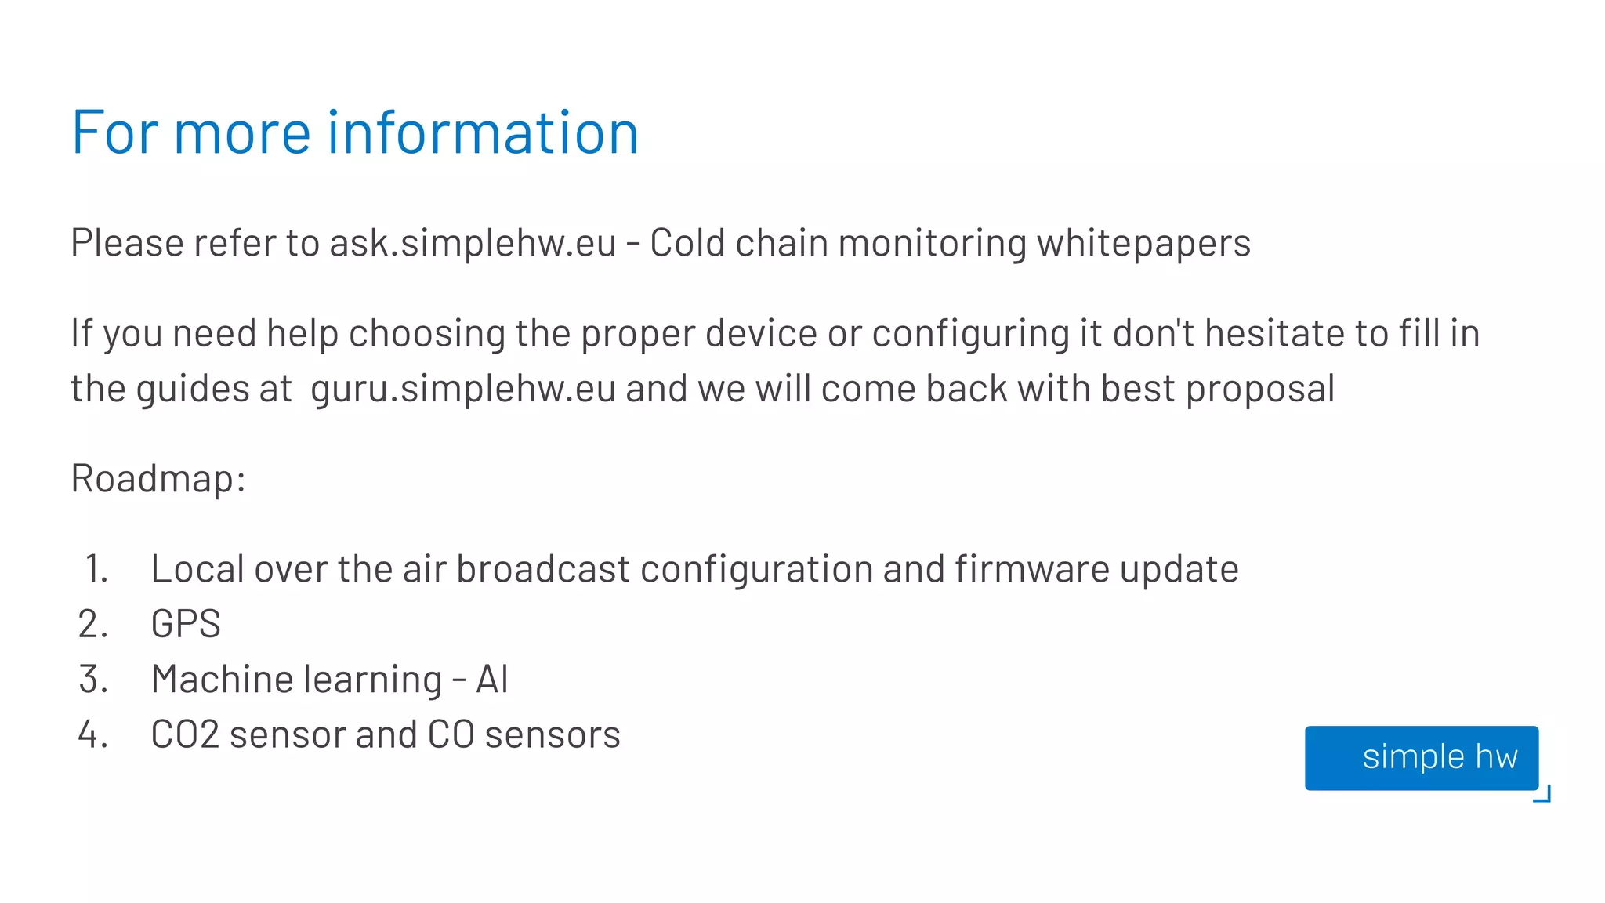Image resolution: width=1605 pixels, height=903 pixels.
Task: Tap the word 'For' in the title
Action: pos(115,132)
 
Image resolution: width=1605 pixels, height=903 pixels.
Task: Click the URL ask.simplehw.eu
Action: pos(473,243)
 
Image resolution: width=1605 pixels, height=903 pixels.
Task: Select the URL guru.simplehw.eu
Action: pos(463,389)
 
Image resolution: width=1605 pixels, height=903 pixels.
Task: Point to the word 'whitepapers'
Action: pos(1143,243)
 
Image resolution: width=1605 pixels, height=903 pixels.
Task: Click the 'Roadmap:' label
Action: pos(158,478)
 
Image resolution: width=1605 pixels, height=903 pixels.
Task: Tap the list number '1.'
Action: pos(96,569)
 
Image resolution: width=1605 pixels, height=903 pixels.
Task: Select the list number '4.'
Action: pos(93,734)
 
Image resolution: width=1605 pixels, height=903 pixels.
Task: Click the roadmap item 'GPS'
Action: pos(186,625)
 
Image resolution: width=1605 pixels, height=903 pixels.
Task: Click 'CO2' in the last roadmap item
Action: pos(185,735)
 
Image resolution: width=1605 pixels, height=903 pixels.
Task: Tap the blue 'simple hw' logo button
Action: pos(1421,757)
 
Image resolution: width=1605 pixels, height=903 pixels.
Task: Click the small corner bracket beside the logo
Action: pos(1543,795)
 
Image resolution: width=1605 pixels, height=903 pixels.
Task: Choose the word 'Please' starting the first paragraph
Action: pos(127,243)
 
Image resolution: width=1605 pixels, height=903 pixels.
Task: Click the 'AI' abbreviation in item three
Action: pos(492,680)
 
